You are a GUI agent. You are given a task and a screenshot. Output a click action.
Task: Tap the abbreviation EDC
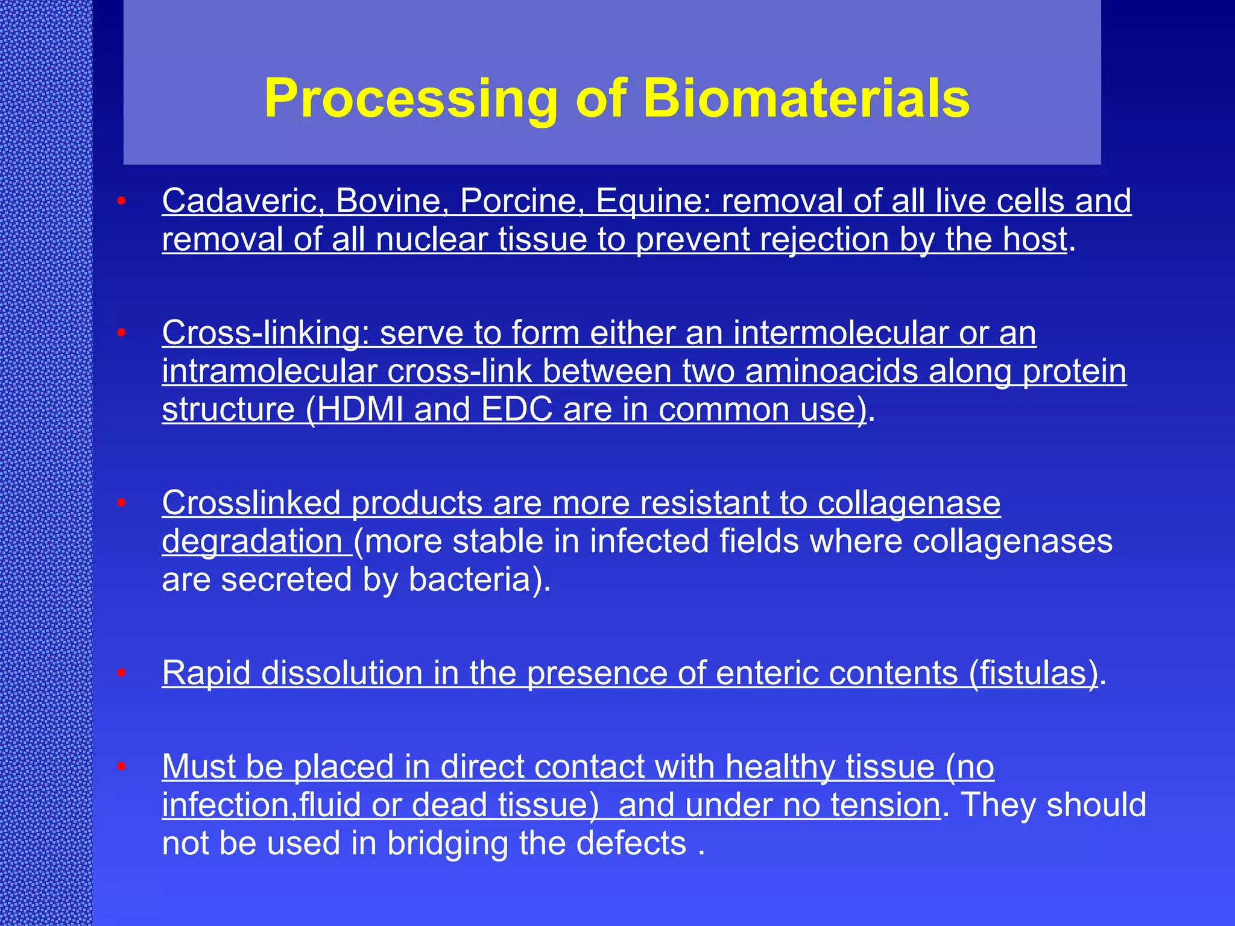point(516,410)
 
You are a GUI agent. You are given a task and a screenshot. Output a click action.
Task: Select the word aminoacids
point(832,371)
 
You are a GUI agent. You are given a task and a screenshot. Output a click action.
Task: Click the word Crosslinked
point(251,503)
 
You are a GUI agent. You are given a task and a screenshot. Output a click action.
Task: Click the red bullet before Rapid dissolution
point(121,673)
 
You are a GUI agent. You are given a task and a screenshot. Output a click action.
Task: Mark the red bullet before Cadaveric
point(121,201)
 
